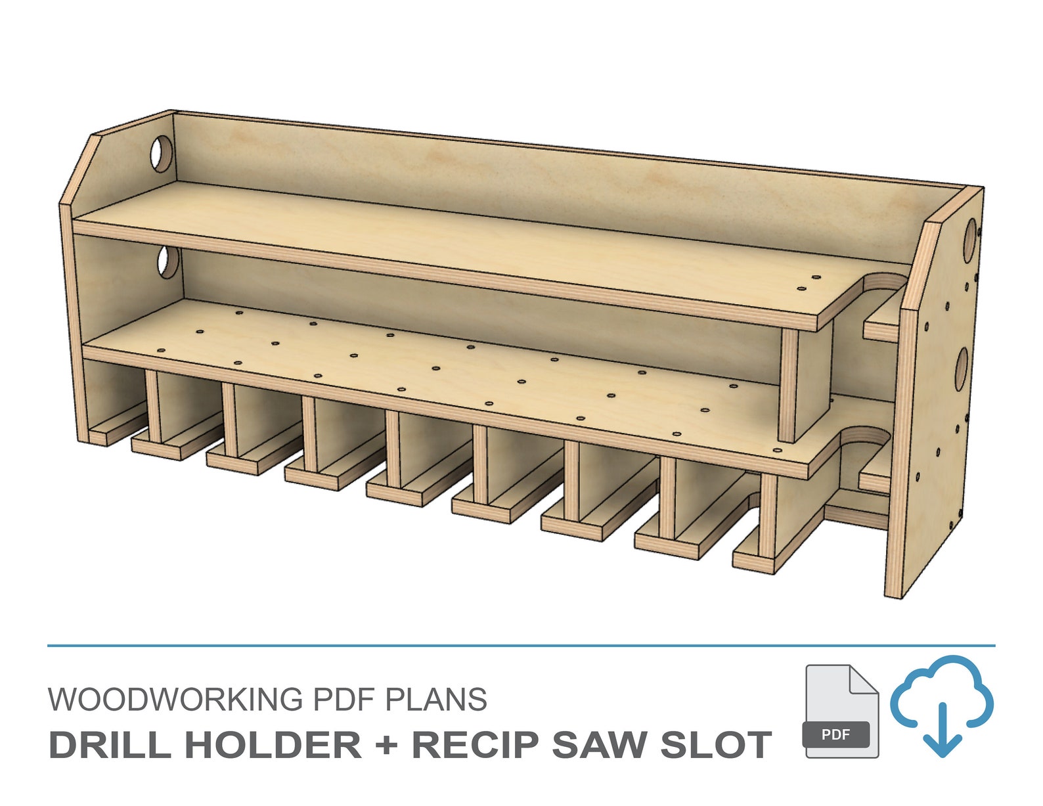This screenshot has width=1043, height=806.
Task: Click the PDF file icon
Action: (841, 711)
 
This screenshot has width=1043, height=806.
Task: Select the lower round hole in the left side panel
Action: (167, 263)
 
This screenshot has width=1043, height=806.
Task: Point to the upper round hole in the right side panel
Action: (971, 240)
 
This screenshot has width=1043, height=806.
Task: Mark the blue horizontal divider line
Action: (521, 646)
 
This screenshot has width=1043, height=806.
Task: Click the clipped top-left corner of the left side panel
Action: (79, 168)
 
